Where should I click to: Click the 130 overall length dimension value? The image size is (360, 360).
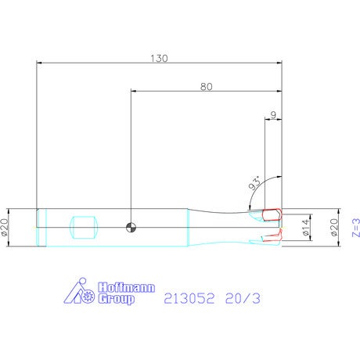coord(159,59)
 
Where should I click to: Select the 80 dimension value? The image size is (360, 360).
coord(207,87)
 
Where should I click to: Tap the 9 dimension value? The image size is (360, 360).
coord(273,115)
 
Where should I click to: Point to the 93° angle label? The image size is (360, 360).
coord(255,183)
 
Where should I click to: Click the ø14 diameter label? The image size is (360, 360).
coord(306,227)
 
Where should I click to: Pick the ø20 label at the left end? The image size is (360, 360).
coord(5,227)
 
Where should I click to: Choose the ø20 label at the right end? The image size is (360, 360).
coord(334,227)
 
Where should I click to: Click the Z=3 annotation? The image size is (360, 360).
coord(356,228)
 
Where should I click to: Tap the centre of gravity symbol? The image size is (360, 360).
coord(131,227)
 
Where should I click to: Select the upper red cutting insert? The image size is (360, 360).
coord(272,214)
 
